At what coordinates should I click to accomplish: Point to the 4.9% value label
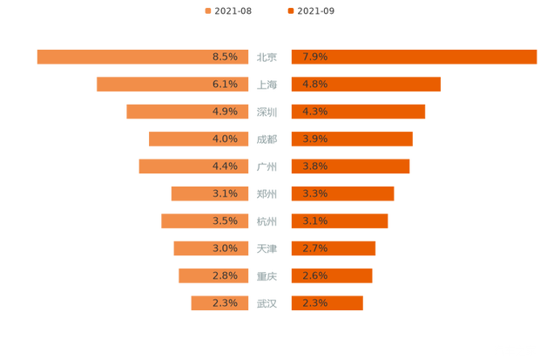[225, 112]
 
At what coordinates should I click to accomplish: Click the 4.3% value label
[314, 112]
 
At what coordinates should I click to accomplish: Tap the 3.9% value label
[314, 139]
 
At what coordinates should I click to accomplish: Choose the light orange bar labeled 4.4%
[174, 166]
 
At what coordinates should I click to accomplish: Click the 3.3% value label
[314, 194]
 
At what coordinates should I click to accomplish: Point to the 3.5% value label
[225, 221]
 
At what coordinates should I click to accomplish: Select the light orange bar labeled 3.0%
[192, 248]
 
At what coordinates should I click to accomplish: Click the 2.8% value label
[225, 276]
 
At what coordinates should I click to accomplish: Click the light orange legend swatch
[207, 10]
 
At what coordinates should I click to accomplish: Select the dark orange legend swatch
[290, 10]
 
